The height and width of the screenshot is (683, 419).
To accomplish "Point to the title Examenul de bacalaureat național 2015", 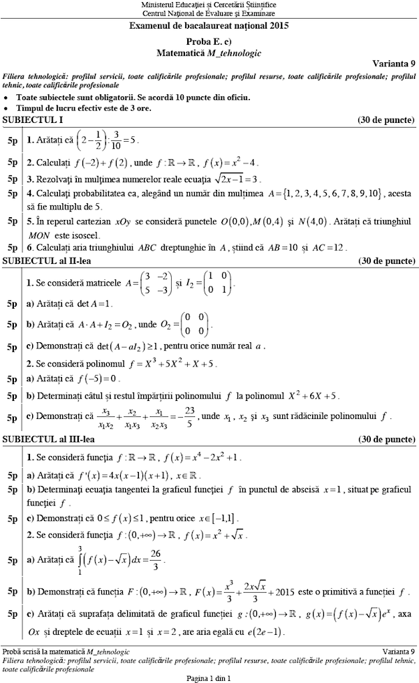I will click(209, 26).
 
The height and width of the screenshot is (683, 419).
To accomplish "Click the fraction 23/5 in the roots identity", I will click(189, 416).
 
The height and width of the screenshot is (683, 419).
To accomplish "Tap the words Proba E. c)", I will click(209, 41).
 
